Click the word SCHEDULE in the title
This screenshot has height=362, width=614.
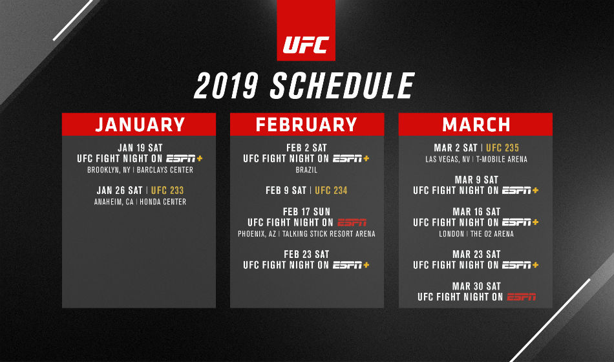[342, 86]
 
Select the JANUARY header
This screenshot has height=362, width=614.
[140, 124]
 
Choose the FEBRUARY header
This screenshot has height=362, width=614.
[306, 124]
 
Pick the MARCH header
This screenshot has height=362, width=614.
[476, 124]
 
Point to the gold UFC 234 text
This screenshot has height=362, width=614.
[332, 191]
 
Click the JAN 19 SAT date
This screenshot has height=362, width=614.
[140, 148]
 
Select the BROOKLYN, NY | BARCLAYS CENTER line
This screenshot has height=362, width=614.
[140, 171]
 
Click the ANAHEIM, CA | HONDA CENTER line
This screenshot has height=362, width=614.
[140, 202]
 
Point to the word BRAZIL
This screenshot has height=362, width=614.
[306, 171]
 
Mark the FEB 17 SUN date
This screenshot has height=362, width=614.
[306, 212]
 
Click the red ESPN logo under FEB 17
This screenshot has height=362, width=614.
[352, 222]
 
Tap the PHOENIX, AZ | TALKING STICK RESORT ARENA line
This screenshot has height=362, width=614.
[306, 234]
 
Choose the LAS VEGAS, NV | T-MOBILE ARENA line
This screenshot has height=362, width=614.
[476, 160]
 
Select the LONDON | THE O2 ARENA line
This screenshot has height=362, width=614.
[476, 234]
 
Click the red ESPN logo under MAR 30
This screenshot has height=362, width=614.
[522, 297]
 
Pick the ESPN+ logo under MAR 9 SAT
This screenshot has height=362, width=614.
[521, 191]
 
